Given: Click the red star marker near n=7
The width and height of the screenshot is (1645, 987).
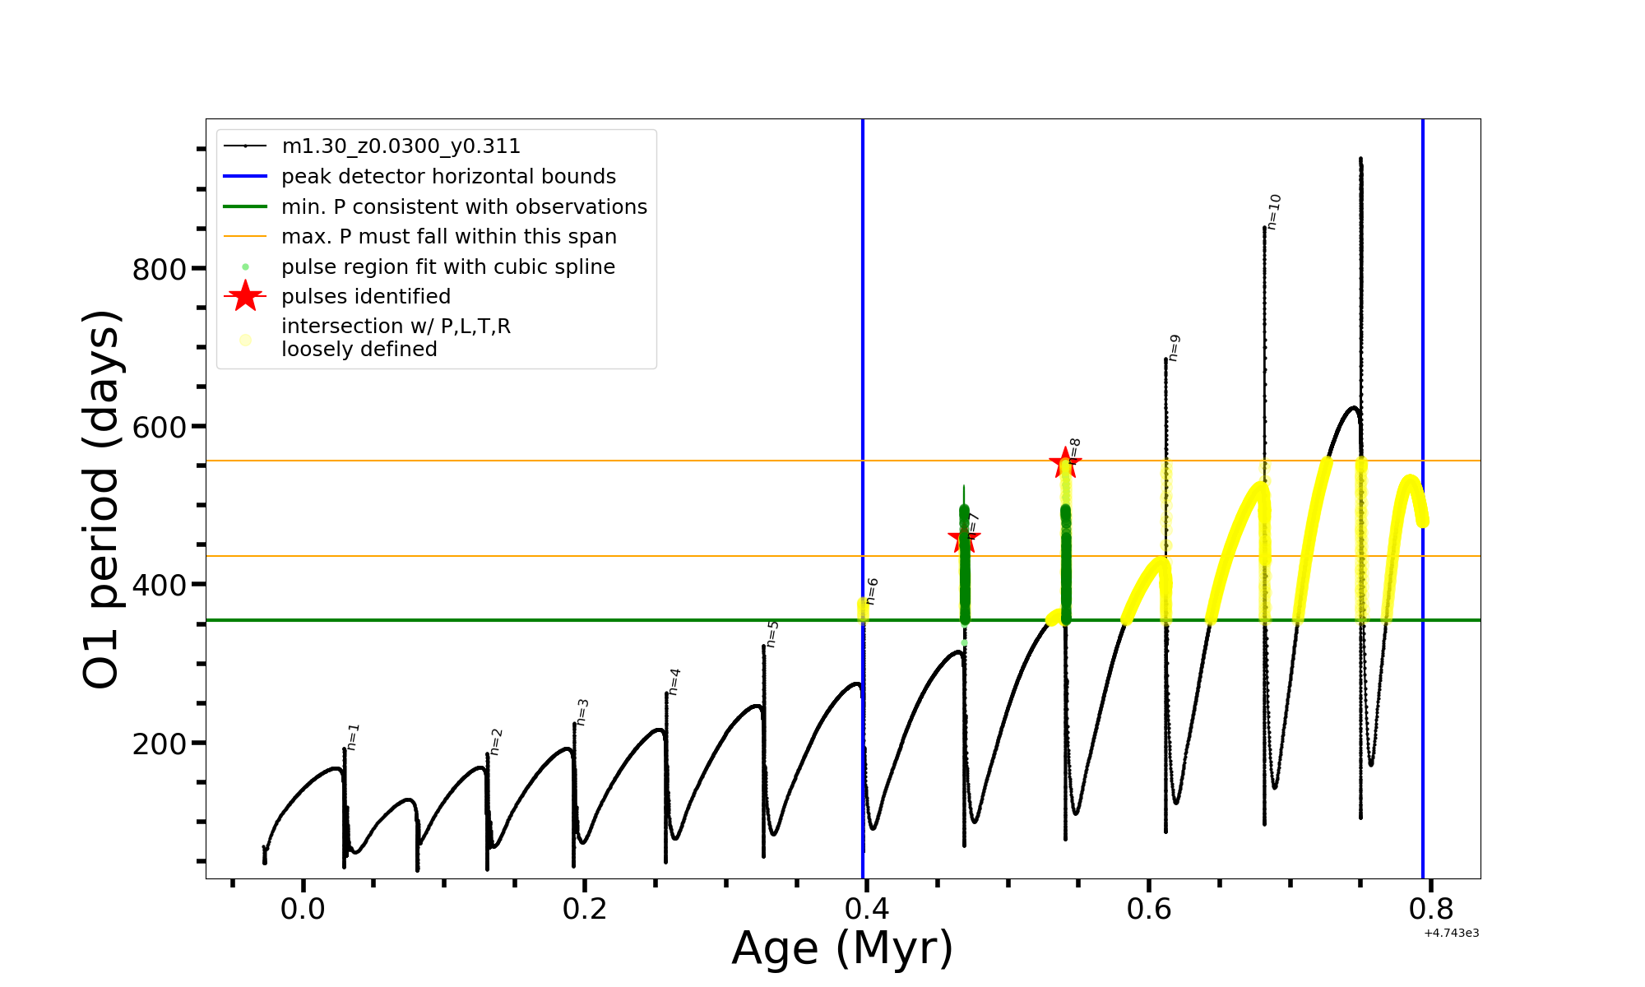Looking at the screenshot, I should (963, 540).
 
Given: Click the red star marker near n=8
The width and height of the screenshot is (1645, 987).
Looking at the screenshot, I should (1065, 462).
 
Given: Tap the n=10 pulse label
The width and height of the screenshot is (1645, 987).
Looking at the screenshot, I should (1273, 211).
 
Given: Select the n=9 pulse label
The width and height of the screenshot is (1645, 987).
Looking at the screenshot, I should (1175, 348).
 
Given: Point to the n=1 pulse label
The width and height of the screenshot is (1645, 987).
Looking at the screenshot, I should (353, 737).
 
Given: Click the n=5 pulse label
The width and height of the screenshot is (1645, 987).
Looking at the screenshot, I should (772, 634).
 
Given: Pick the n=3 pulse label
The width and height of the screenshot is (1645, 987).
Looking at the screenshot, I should (582, 712).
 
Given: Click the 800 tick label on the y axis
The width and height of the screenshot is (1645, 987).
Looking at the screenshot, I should (160, 269).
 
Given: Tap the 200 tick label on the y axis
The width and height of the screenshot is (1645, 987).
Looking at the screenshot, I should (160, 744).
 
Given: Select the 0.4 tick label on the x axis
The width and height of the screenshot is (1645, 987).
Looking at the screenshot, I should (867, 909).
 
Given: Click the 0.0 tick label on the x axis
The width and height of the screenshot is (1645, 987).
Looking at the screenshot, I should (304, 909).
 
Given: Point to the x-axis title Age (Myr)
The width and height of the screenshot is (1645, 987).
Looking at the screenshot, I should (842, 948).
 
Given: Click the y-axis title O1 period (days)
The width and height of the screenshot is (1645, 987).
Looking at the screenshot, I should (102, 499).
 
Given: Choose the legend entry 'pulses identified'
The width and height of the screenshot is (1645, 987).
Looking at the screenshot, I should (365, 297).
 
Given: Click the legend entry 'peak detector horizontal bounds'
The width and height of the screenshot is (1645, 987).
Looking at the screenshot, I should (448, 177).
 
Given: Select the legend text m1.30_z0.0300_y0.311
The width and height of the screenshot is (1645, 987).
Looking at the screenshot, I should (401, 146).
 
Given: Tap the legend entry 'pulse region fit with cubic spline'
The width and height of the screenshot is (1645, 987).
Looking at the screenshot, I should (447, 267).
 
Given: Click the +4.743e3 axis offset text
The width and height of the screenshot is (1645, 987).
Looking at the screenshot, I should (1452, 933).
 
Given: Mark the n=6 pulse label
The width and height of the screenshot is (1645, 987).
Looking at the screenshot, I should (872, 591).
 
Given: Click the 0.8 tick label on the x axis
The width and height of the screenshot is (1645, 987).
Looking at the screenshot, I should (1430, 909).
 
